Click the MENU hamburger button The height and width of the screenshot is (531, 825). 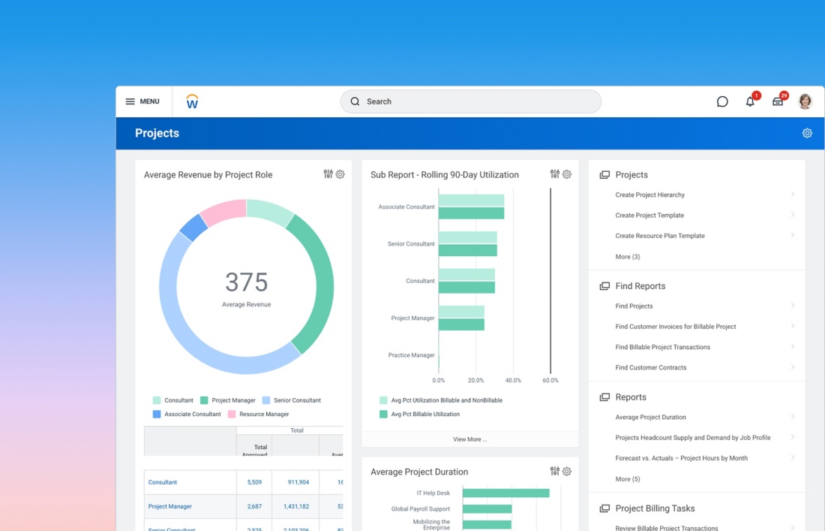pyautogui.click(x=142, y=101)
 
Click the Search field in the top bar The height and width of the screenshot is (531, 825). pyautogui.click(x=471, y=101)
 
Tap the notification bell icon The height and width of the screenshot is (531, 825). pyautogui.click(x=750, y=101)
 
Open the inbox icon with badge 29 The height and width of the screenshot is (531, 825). pyautogui.click(x=778, y=101)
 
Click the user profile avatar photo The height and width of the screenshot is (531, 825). pyautogui.click(x=805, y=101)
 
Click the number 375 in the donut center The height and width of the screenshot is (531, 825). pyautogui.click(x=246, y=282)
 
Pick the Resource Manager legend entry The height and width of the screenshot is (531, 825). pyautogui.click(x=264, y=414)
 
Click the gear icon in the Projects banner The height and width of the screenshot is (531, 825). pyautogui.click(x=807, y=133)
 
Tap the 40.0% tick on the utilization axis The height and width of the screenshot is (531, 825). pyautogui.click(x=513, y=380)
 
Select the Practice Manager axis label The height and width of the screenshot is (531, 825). pyautogui.click(x=411, y=355)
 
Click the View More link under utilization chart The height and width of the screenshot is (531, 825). pyautogui.click(x=469, y=439)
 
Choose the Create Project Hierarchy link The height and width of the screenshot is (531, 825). pyautogui.click(x=649, y=195)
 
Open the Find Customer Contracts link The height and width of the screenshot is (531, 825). pyautogui.click(x=650, y=367)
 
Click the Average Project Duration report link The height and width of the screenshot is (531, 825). pyautogui.click(x=650, y=417)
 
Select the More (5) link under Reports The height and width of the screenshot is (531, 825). pyautogui.click(x=628, y=479)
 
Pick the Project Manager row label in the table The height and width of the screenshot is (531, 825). pyautogui.click(x=170, y=506)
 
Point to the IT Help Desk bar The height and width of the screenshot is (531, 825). pyautogui.click(x=505, y=493)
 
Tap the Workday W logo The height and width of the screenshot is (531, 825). pyautogui.click(x=192, y=101)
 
